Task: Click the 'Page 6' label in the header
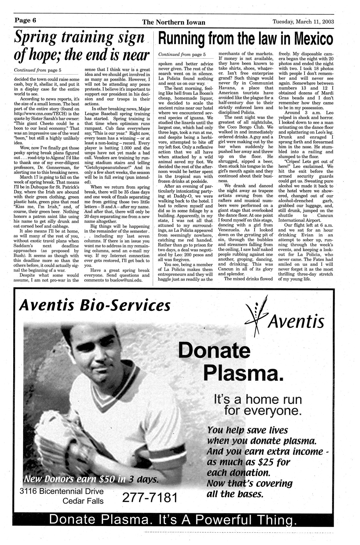[25, 20]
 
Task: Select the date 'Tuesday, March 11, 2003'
[303, 22]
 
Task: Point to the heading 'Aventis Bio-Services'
[94, 305]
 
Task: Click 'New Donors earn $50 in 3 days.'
[91, 479]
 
